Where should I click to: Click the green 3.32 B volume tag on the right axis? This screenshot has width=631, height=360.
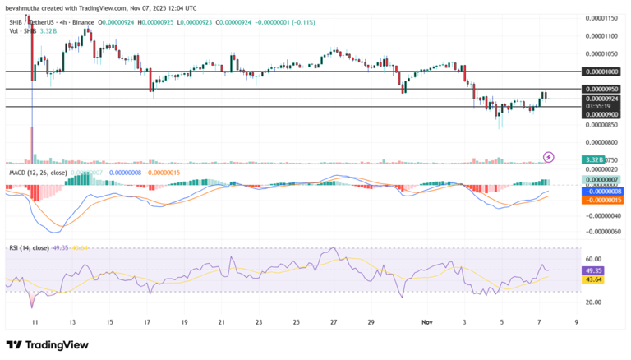click(594, 159)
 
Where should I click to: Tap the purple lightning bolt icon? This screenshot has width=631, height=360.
click(549, 156)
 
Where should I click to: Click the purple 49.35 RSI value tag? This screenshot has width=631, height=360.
click(594, 270)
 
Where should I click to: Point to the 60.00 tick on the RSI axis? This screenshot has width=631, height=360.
click(593, 259)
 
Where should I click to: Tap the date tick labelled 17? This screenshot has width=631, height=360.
click(146, 323)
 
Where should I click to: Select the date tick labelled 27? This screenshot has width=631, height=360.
click(334, 323)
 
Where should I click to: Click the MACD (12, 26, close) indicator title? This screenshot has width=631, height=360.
click(36, 173)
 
